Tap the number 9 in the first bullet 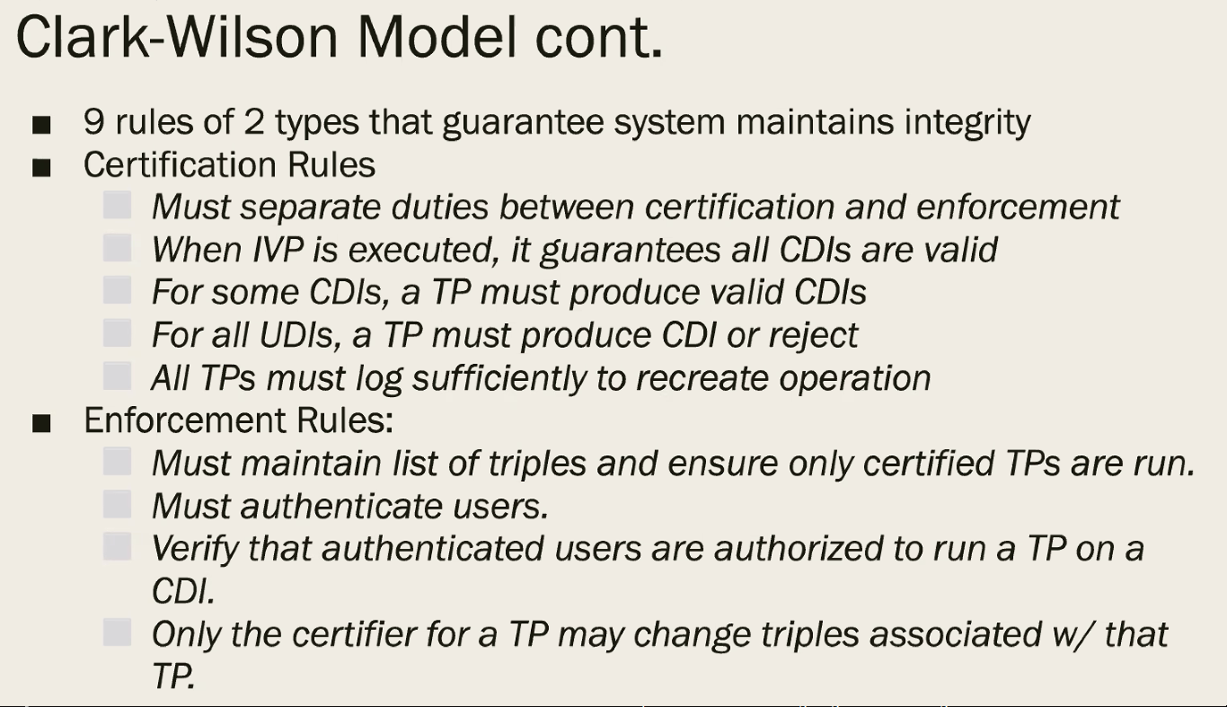(93, 121)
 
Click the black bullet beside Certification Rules (41, 167)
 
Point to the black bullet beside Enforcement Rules (41, 423)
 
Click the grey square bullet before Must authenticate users (118, 504)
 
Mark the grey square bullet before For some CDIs (118, 289)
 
